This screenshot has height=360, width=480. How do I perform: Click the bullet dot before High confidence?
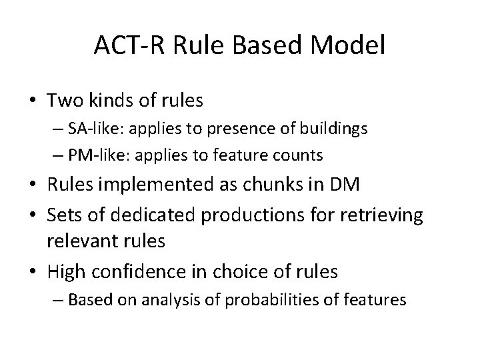tap(34, 272)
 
